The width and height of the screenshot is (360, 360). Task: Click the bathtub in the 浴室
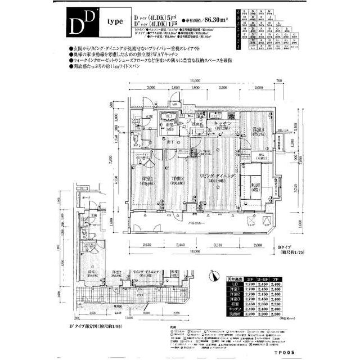(x=167, y=119)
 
